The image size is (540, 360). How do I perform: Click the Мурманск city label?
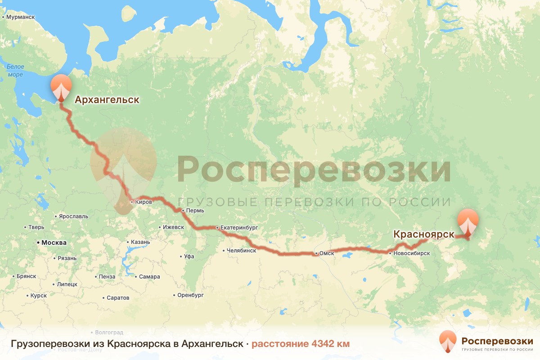pos(20,17)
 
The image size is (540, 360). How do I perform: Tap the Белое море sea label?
pos(15,70)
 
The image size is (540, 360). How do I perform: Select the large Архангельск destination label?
pos(107,99)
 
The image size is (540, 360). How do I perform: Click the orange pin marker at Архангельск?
pos(61,88)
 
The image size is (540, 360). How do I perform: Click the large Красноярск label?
pos(423,234)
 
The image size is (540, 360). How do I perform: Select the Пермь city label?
pos(195,210)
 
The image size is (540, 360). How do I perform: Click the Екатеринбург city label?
pos(239,228)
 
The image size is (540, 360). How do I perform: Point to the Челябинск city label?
pos(241,251)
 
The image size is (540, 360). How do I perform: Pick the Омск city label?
pos(326,253)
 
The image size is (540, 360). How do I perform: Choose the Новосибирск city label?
pos(411,253)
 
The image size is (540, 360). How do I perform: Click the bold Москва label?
pos(54,243)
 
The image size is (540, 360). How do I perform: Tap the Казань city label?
pos(139,242)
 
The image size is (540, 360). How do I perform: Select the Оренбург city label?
pos(191,295)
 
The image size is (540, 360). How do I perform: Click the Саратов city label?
pos(118,298)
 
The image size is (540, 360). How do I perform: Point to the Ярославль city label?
pos(73,216)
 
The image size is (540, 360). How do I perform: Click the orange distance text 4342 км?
pos(300,344)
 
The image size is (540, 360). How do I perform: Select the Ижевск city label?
pos(173,227)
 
